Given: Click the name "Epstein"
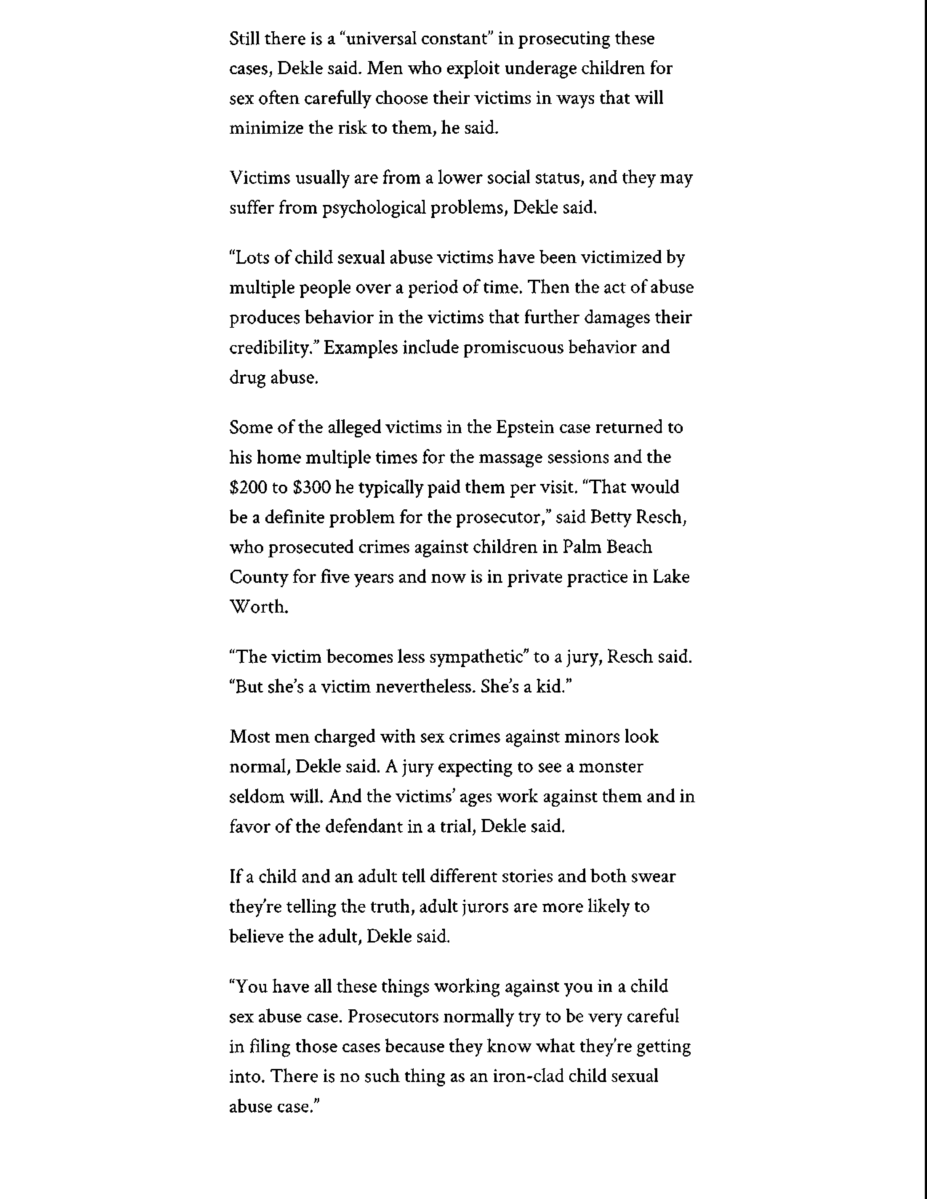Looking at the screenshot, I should (x=525, y=428).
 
